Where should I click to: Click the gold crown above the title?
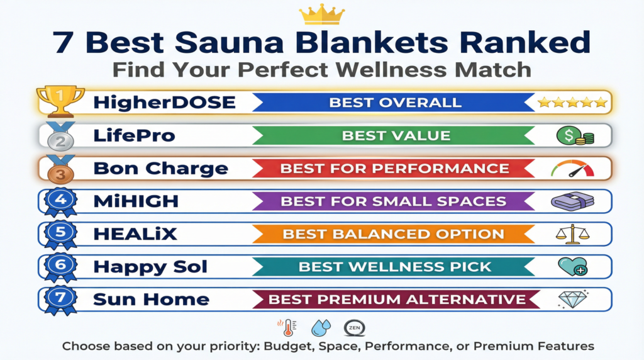tap(321, 14)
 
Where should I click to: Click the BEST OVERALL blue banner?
tap(395, 102)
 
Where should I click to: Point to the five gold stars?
tap(572, 102)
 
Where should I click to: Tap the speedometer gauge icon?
tap(572, 169)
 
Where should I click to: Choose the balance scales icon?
tap(572, 234)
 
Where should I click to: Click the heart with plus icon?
tap(572, 266)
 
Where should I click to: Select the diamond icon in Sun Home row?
tap(572, 299)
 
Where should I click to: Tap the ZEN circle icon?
tap(353, 328)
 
